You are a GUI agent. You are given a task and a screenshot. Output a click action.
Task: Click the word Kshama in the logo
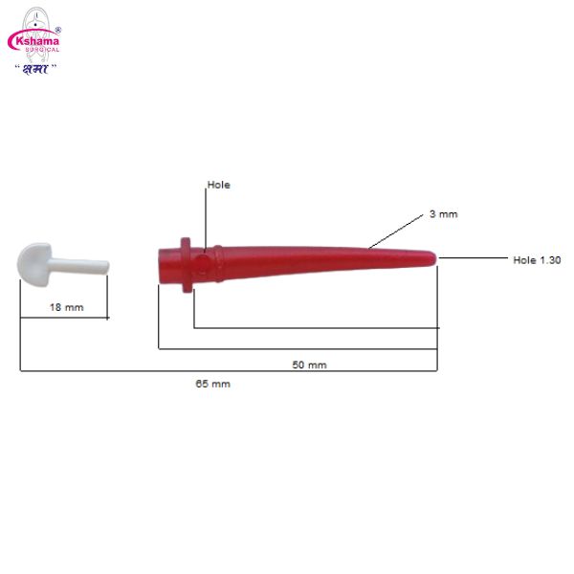tap(33, 41)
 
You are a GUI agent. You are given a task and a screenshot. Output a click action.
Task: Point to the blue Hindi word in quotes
tap(35, 67)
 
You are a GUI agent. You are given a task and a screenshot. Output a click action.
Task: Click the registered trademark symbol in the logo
tap(58, 29)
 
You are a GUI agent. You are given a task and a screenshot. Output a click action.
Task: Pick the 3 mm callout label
tap(443, 214)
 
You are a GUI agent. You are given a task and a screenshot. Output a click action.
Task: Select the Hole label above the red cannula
tap(219, 185)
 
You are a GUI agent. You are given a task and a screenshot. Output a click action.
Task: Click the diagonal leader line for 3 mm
tap(397, 232)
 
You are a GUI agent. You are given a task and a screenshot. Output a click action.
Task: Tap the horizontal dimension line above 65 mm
tap(230, 370)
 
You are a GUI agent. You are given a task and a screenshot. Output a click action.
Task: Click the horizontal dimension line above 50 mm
tap(297, 348)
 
